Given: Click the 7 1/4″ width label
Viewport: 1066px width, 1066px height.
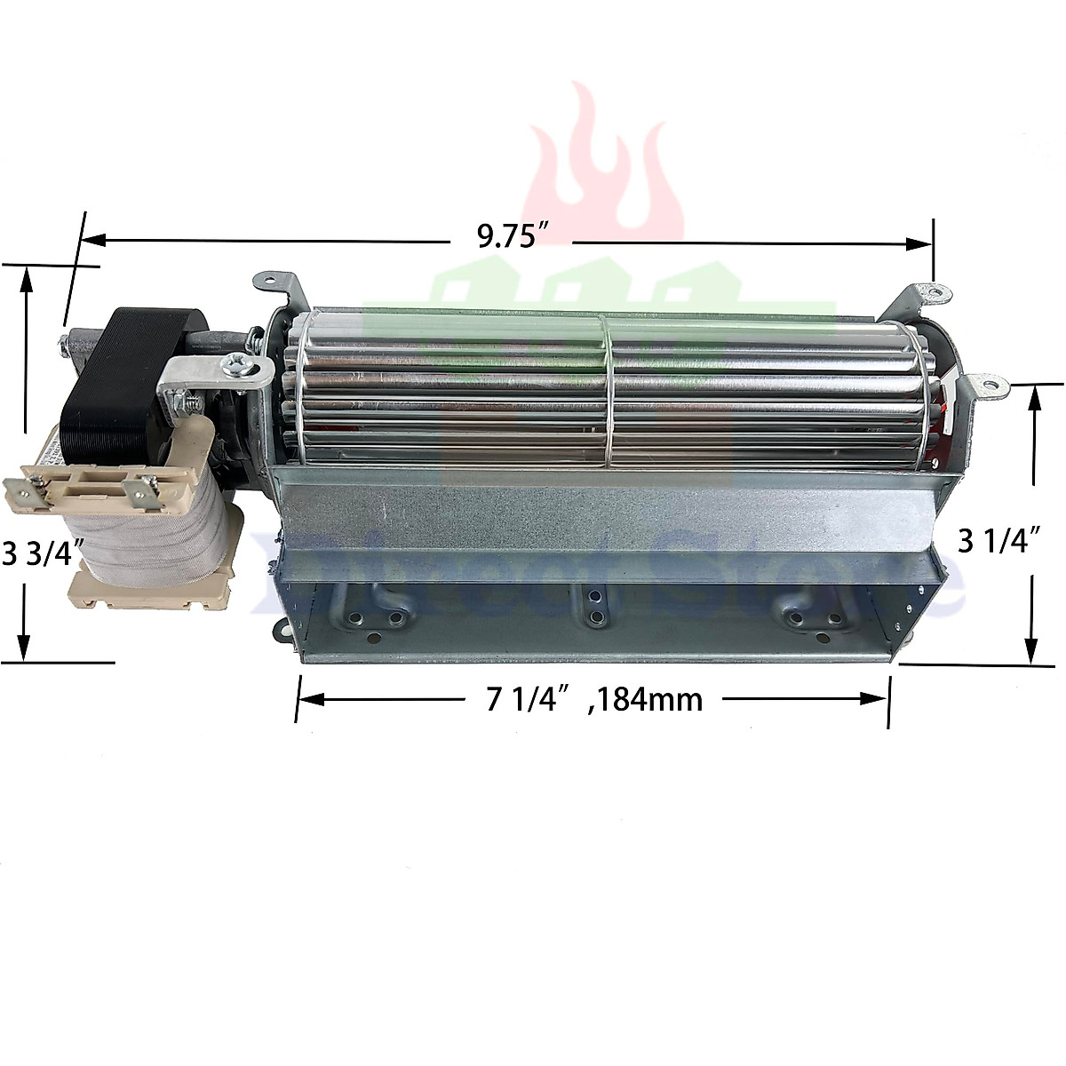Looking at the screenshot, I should [x=526, y=700].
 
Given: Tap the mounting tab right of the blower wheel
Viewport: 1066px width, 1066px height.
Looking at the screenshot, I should [x=986, y=386].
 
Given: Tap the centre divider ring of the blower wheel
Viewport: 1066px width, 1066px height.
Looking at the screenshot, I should [x=607, y=391].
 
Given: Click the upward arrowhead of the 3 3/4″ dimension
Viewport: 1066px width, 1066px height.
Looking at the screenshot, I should [x=28, y=279].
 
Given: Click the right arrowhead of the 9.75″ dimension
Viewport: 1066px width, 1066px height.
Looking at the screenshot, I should [x=920, y=243].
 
